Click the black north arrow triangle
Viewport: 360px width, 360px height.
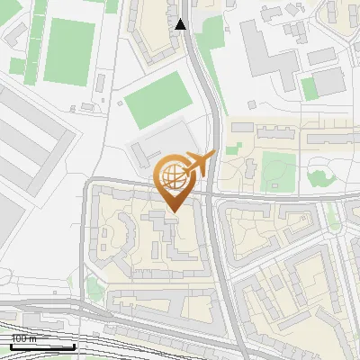click(182, 24)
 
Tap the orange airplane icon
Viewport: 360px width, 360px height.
click(200, 165)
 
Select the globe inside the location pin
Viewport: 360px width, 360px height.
click(172, 175)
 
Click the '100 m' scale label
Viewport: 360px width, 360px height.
click(23, 338)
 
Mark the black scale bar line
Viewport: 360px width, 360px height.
click(41, 346)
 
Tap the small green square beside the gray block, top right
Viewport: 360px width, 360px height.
click(309, 88)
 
